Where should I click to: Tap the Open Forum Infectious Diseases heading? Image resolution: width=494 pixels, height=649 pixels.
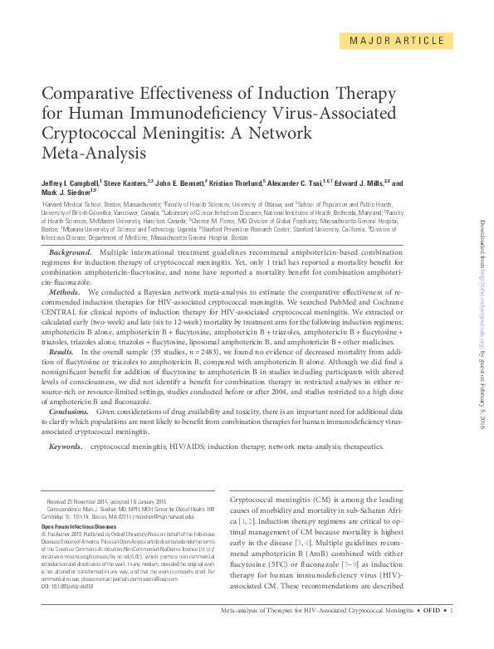(x=79, y=526)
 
